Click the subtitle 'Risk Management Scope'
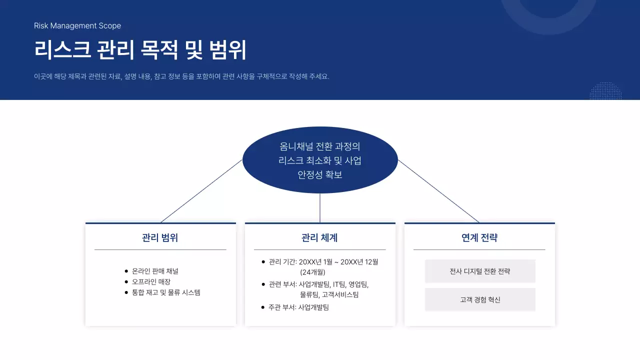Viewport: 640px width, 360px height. [77, 26]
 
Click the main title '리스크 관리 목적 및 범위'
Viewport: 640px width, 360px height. [140, 50]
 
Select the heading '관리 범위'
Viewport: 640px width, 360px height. [160, 237]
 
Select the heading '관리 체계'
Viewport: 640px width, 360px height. [319, 237]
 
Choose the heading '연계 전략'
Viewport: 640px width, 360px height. [479, 237]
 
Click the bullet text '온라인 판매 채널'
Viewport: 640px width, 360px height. [155, 271]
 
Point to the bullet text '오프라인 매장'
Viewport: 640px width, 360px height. [151, 281]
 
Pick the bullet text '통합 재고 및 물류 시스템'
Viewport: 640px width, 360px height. [166, 292]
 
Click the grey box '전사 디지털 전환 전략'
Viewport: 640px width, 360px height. [480, 271]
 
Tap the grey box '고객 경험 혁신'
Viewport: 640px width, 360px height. [480, 299]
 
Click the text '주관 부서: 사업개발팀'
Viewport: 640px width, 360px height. [298, 307]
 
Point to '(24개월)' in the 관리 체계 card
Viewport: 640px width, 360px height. [312, 272]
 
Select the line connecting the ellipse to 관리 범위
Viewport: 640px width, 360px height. [200, 192]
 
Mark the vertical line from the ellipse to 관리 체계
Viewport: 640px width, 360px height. [320, 207]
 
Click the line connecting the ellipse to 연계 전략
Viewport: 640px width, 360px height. [439, 192]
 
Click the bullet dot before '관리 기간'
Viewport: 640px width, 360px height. [263, 261]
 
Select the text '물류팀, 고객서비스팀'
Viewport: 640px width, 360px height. [329, 294]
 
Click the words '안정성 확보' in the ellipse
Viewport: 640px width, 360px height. [320, 175]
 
